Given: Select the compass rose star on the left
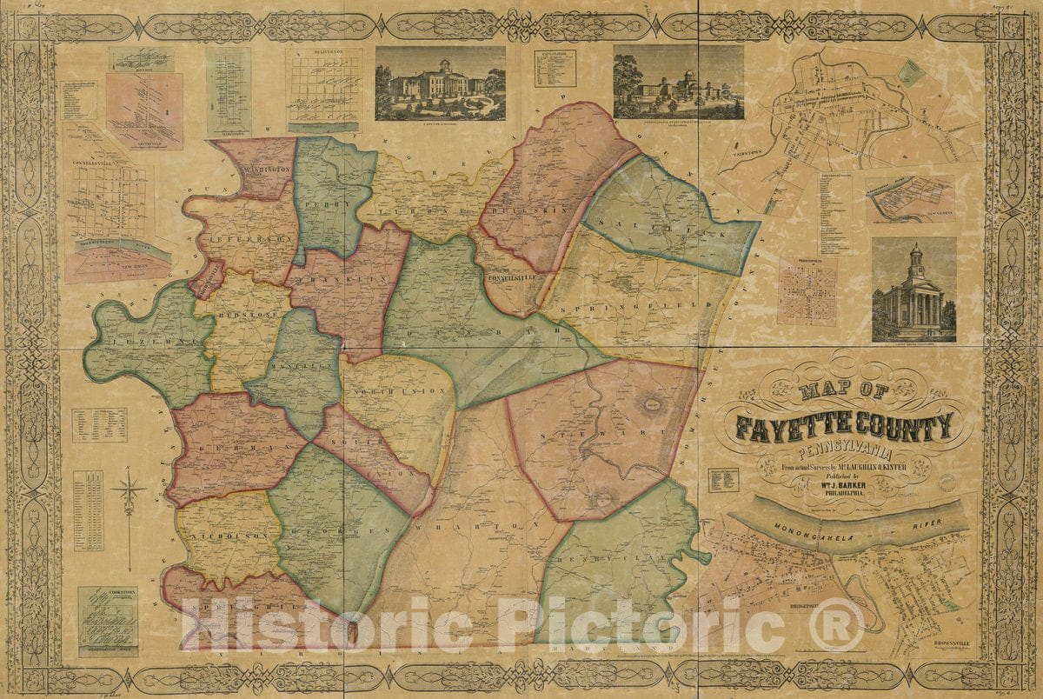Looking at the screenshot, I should pos(129,493).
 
